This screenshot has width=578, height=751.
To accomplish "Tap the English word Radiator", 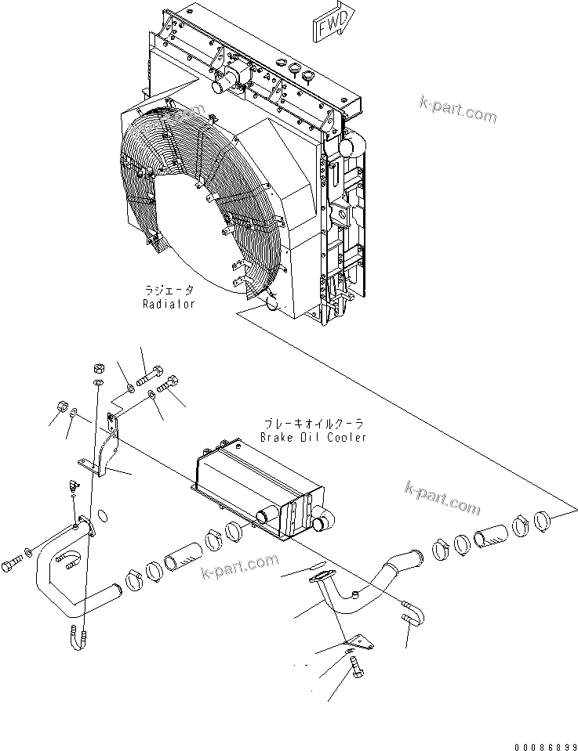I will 169,303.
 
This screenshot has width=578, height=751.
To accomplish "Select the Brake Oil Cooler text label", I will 313,437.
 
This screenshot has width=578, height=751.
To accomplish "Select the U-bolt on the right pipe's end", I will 412,619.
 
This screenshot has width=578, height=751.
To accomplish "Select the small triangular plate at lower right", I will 360,641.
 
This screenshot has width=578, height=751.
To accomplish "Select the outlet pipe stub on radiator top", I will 234,79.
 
